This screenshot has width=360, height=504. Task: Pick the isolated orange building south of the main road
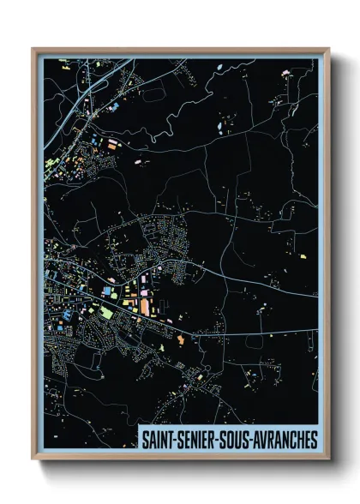tap(181, 341)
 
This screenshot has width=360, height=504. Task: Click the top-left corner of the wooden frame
tap(33, 50)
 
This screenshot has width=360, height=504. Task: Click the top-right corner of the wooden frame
tap(328, 50)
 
